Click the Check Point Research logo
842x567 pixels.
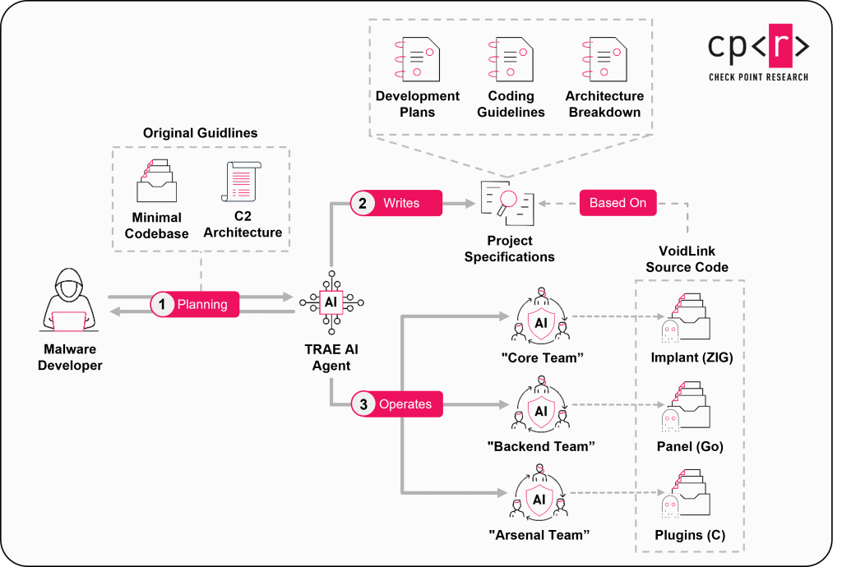tap(758, 53)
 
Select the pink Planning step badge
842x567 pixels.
tap(194, 304)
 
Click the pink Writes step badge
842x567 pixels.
tap(396, 203)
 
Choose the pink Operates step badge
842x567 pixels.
tap(396, 404)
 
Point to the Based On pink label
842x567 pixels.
tap(618, 203)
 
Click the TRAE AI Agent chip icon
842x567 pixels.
tap(331, 302)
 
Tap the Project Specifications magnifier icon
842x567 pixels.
tap(507, 203)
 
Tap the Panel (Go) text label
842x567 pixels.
tap(690, 447)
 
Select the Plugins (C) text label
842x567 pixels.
tap(690, 536)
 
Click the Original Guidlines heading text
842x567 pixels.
tap(200, 133)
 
